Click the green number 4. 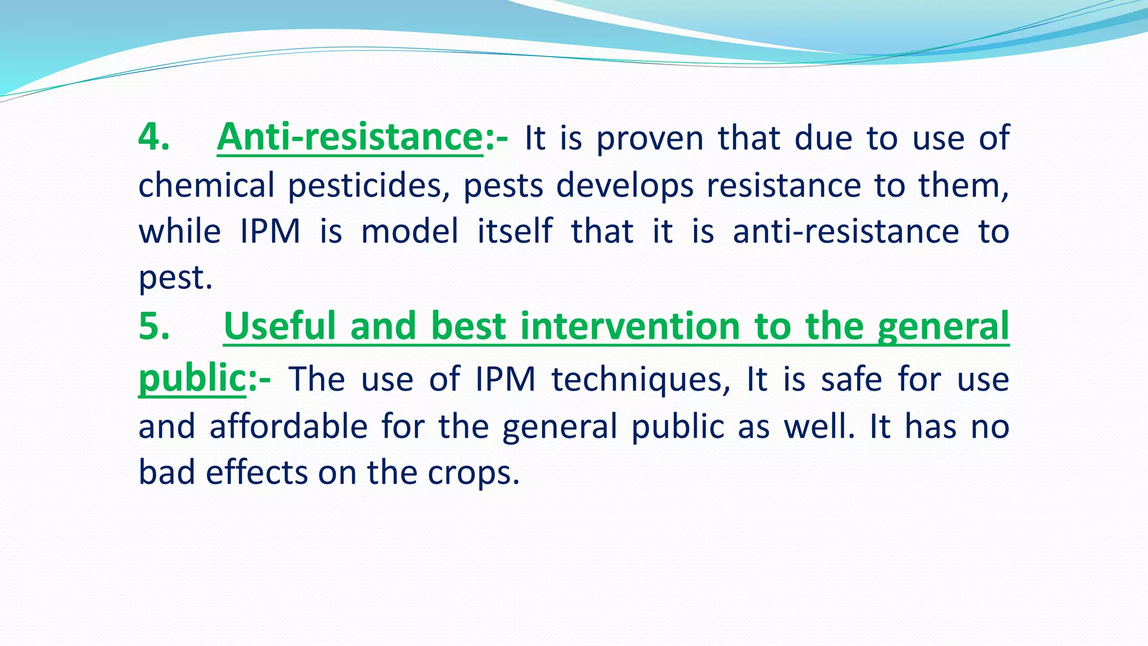[150, 137]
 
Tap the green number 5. [150, 326]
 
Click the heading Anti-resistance [350, 137]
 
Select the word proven [650, 139]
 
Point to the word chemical [206, 186]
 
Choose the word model [410, 232]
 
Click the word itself [515, 232]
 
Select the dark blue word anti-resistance [846, 232]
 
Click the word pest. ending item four [175, 279]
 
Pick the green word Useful [280, 326]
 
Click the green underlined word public [192, 378]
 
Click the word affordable [288, 426]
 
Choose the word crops [473, 473]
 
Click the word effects [257, 473]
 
